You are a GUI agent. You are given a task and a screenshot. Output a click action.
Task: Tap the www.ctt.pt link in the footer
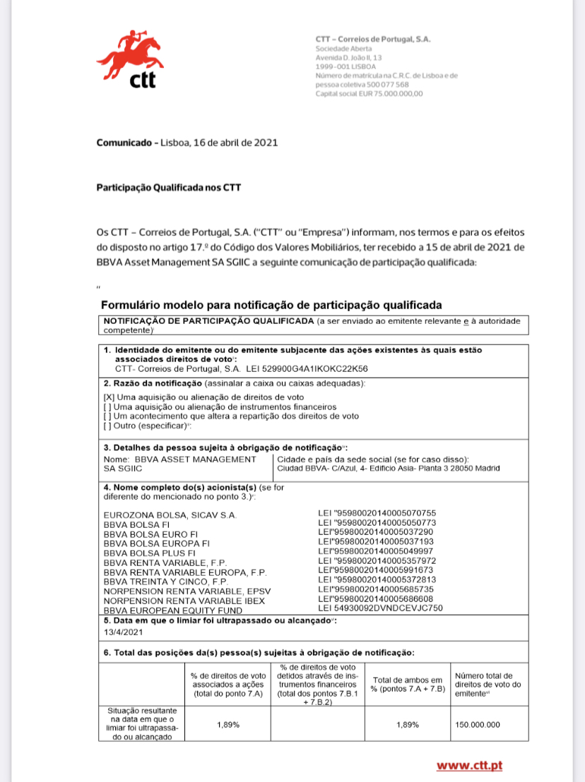(x=469, y=765)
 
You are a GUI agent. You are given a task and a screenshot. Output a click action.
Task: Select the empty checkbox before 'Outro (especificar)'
(x=107, y=426)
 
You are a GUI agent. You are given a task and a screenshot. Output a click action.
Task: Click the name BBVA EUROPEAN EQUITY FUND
(x=172, y=609)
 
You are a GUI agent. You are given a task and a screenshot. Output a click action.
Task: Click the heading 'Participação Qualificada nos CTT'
(x=169, y=188)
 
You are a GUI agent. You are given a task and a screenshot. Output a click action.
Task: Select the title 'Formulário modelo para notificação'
(x=271, y=306)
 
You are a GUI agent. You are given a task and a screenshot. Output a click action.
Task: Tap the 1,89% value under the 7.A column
(x=227, y=725)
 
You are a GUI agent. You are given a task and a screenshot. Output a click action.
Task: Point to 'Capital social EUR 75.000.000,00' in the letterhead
(x=369, y=93)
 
